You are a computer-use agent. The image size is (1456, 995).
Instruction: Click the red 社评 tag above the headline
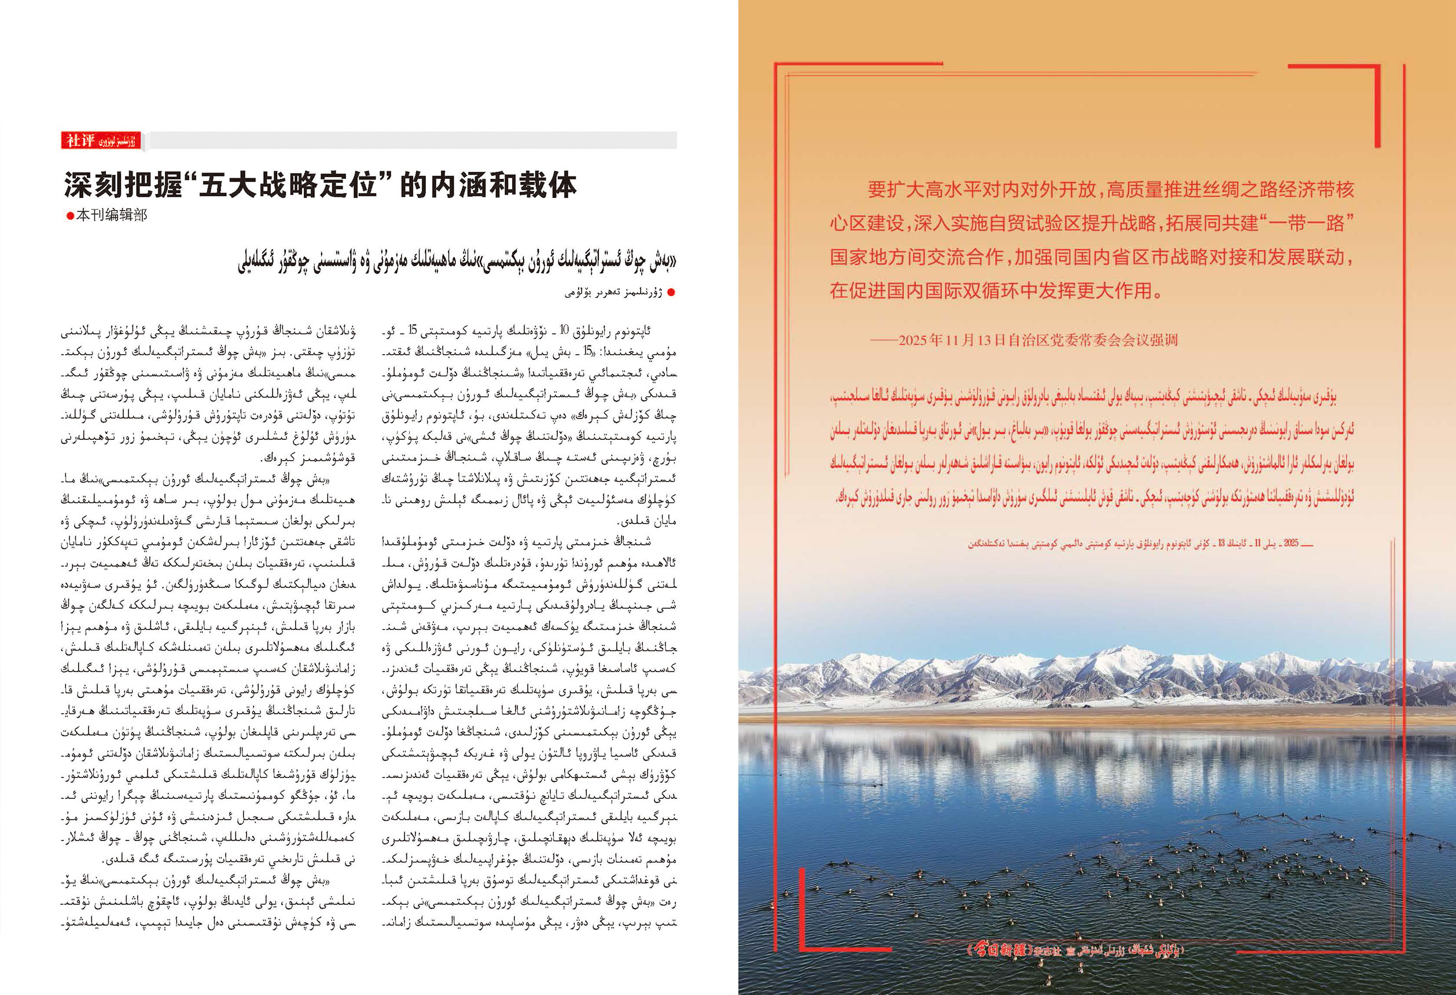point(80,140)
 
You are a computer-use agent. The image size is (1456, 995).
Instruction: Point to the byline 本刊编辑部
point(112,215)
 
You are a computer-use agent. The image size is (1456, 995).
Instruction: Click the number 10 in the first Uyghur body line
point(564,330)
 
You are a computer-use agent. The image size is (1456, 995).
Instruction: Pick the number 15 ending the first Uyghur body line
point(412,330)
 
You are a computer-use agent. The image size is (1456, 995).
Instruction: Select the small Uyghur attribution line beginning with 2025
point(1140,544)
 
